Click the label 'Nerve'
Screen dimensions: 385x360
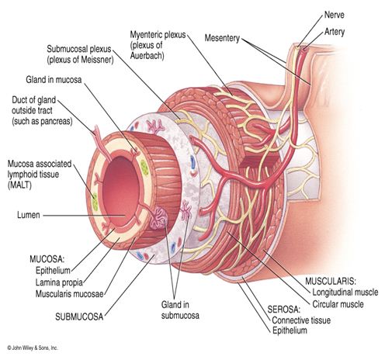[334, 15]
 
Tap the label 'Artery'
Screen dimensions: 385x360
[335, 32]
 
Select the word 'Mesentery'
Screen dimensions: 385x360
[222, 38]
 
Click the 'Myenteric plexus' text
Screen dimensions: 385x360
[158, 35]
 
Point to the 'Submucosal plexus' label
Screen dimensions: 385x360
[79, 49]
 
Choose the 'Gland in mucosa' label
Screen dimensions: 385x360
[54, 79]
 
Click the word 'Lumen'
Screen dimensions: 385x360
[29, 215]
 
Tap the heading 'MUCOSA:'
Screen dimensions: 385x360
[47, 259]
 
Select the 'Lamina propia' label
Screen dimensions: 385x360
[59, 282]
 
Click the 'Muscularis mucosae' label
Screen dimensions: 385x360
[69, 294]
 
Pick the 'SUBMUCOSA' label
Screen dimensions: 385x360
[79, 317]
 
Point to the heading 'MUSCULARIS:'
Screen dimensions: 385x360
[331, 281]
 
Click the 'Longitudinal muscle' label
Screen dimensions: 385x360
[345, 292]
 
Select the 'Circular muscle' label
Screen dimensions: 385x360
[338, 304]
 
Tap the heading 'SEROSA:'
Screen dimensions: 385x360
[284, 309]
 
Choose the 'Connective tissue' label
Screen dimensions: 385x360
[301, 320]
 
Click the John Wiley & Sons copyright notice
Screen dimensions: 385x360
[33, 348]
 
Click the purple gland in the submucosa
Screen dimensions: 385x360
[158, 219]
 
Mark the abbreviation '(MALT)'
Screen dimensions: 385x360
[19, 185]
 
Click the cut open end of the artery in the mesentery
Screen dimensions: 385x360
[306, 48]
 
